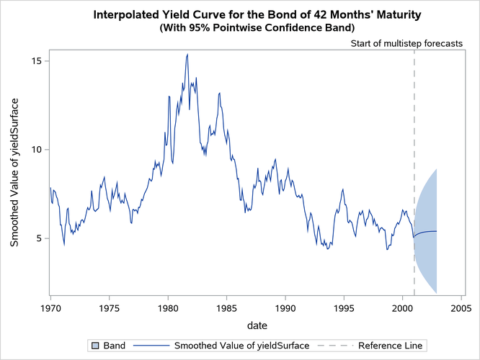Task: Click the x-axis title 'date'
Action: click(256, 326)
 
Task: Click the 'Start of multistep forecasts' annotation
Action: click(406, 43)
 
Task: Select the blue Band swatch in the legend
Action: click(94, 346)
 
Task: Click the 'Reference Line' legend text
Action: click(390, 346)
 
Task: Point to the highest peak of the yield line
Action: click(187, 54)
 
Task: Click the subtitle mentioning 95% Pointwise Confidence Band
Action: click(256, 28)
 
